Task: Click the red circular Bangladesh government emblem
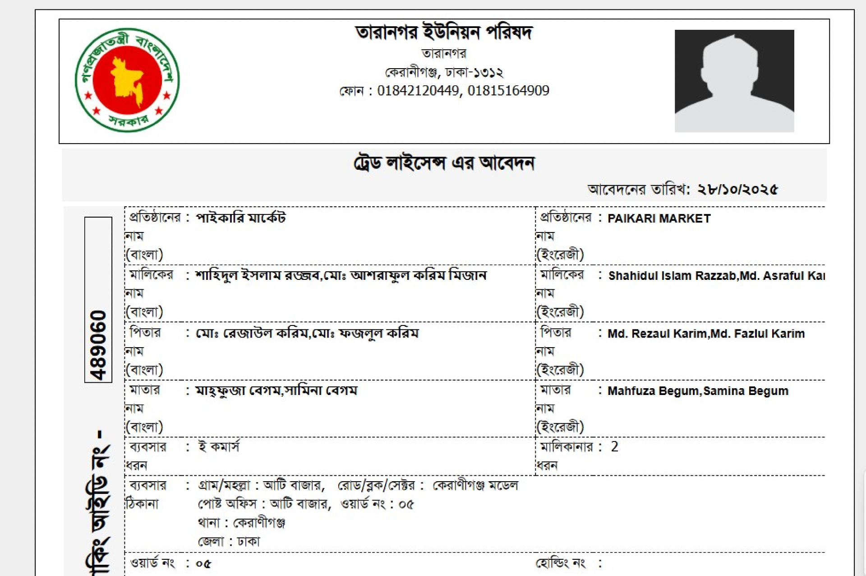point(127,80)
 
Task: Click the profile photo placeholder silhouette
point(734,81)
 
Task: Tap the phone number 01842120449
point(418,91)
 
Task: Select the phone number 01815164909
point(508,91)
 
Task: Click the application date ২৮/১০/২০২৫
point(737,189)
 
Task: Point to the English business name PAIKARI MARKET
point(659,218)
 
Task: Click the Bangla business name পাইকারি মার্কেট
point(240,218)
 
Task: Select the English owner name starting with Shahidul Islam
point(716,275)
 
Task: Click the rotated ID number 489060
point(98,345)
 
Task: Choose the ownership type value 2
point(614,446)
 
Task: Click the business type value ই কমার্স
point(219,446)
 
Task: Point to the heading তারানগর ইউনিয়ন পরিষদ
point(444,33)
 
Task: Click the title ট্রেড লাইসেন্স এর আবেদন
point(444,163)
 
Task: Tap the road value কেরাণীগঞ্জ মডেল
point(475,485)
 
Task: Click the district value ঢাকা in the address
point(249,541)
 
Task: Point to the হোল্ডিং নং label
point(560,563)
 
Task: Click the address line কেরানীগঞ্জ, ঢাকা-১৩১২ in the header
point(444,72)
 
